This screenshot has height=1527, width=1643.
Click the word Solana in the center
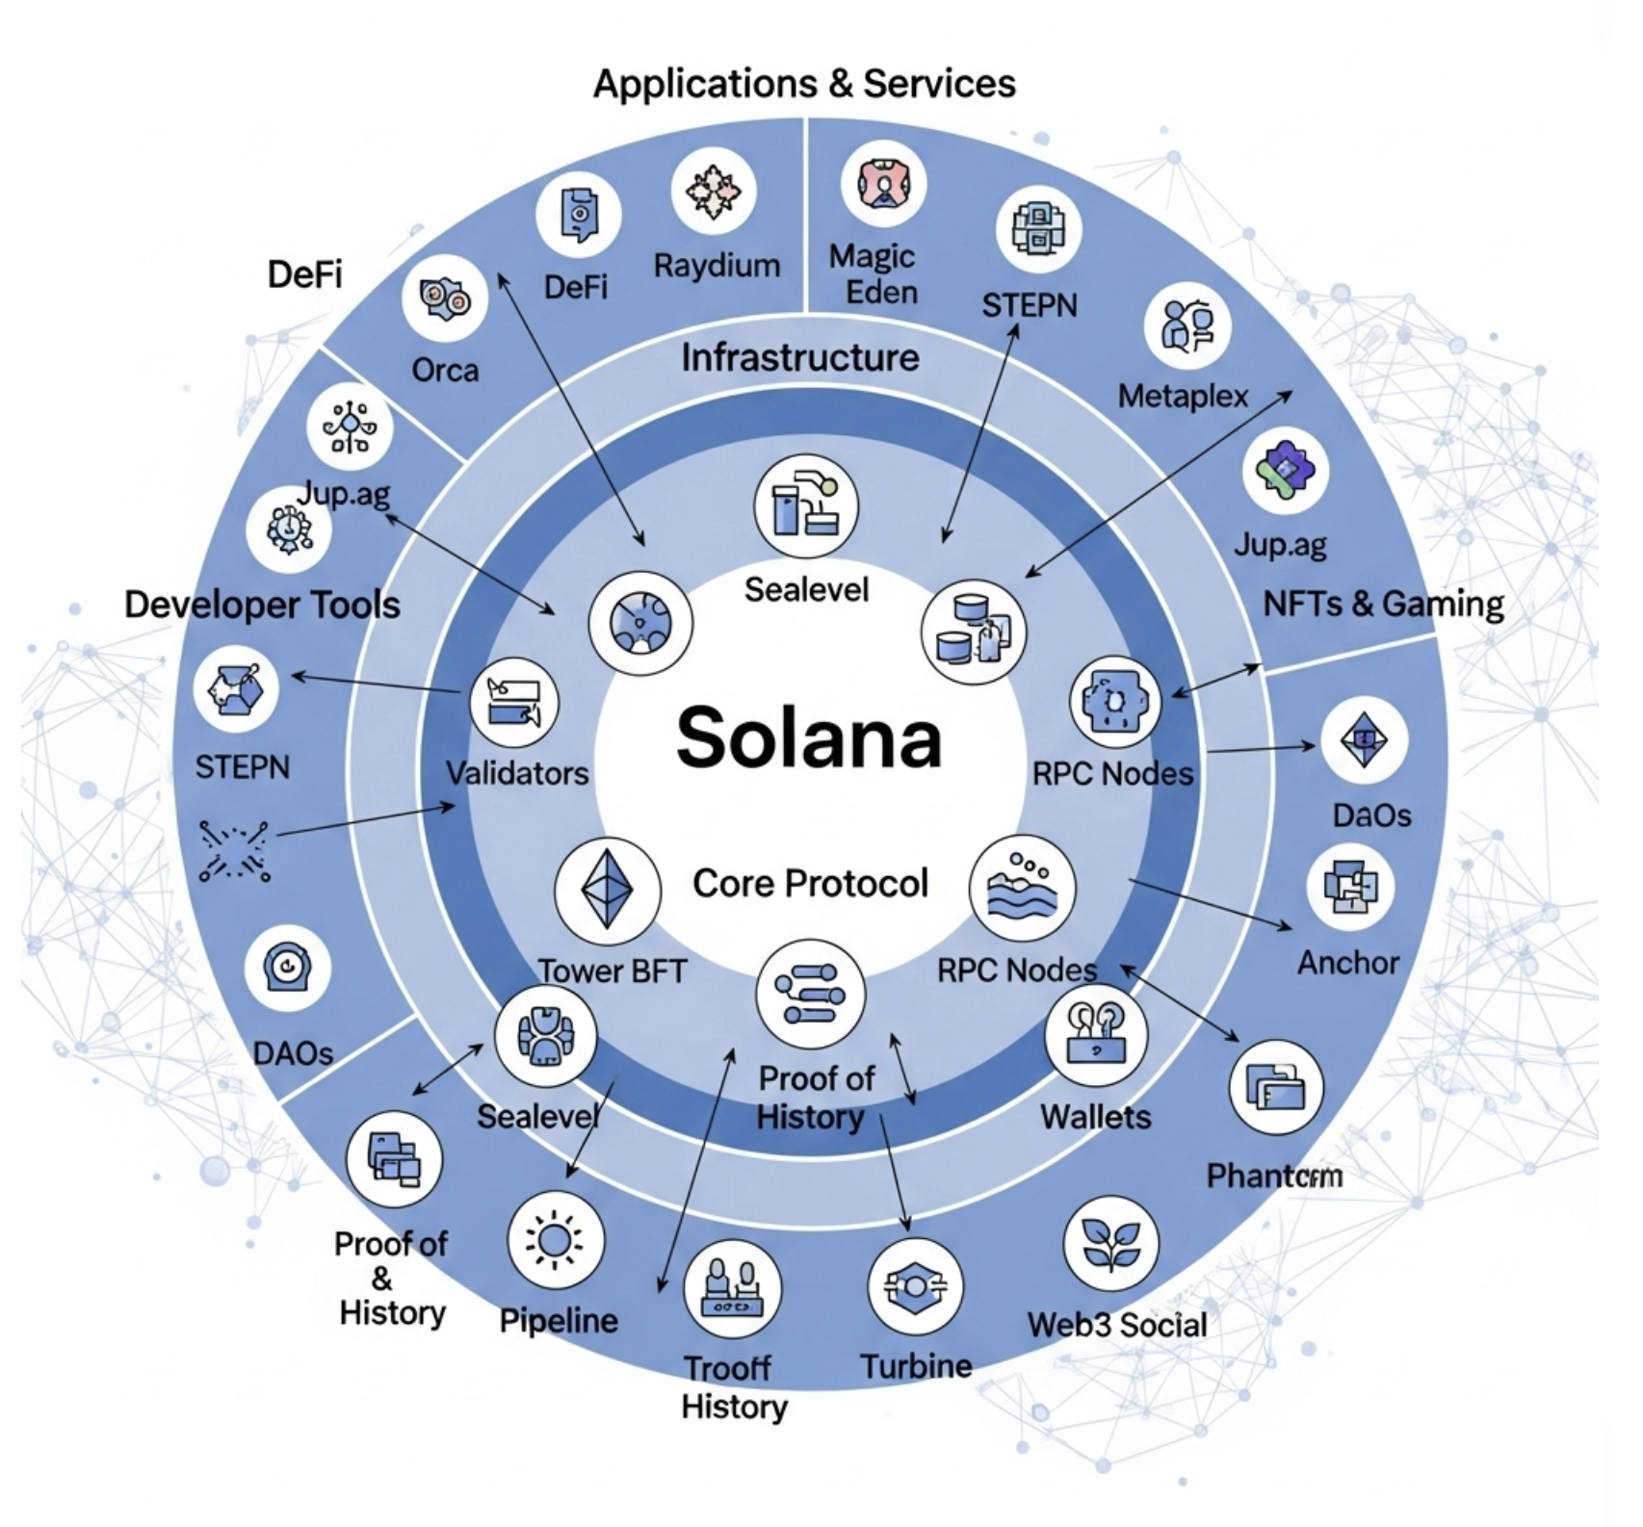[x=809, y=739]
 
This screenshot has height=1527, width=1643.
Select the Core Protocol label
[x=810, y=883]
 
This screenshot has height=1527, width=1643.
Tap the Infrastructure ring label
[x=800, y=358]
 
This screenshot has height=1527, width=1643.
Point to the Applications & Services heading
[x=804, y=84]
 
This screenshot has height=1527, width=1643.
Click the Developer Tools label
[x=262, y=605]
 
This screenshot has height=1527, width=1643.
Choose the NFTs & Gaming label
[x=1383, y=604]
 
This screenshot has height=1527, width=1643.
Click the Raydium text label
[x=717, y=266]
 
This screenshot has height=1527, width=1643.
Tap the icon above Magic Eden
[x=882, y=183]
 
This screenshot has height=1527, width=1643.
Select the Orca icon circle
[x=444, y=299]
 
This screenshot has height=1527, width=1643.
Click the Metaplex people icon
[x=1187, y=325]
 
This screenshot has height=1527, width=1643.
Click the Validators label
[x=517, y=773]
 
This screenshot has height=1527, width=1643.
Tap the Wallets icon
[x=1096, y=1036]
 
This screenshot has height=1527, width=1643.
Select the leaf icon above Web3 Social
[x=1110, y=1243]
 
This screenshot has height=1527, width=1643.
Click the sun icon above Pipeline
[x=555, y=1240]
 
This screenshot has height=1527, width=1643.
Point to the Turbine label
[x=916, y=1366]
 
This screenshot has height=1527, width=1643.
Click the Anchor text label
[x=1347, y=963]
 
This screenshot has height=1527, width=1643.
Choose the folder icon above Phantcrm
[x=1276, y=1087]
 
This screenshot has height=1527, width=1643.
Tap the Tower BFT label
[x=613, y=971]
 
